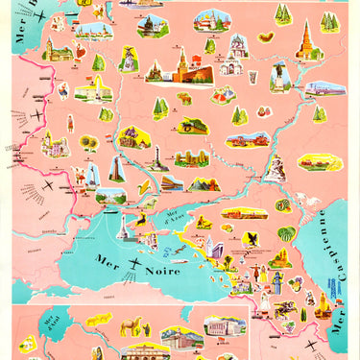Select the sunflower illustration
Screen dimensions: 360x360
coord(89,143)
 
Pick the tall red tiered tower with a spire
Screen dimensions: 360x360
coord(306,38)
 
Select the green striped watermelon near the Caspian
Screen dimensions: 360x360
coord(286,233)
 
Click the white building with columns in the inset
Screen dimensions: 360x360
coord(224,327)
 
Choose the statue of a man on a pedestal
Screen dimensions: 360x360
coord(127,60)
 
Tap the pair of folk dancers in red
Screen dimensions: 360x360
coord(225,96)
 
